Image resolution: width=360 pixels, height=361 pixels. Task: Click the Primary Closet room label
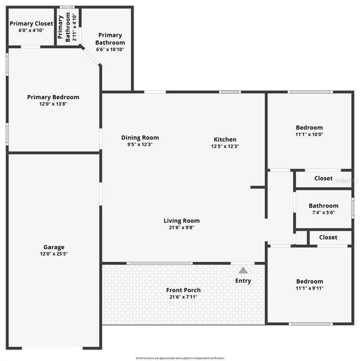tap(31, 23)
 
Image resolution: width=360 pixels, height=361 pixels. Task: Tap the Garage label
tap(54, 247)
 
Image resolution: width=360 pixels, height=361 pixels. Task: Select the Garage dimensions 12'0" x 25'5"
tap(54, 255)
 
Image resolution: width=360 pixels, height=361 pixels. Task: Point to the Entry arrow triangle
tap(243, 271)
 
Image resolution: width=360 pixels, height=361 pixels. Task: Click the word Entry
tap(243, 281)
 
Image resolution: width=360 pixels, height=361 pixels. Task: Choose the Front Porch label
tap(184, 290)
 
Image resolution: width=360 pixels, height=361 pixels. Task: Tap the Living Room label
tap(181, 221)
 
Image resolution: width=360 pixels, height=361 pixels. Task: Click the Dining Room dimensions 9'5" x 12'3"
tap(140, 144)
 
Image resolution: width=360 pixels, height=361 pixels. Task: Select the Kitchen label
tap(225, 140)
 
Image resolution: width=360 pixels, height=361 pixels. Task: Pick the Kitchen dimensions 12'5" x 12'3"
tap(225, 146)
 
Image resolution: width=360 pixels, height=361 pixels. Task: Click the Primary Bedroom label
tap(53, 97)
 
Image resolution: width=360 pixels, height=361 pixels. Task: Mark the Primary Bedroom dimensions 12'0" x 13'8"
tap(53, 104)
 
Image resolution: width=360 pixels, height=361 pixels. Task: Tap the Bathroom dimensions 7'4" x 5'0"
tap(323, 212)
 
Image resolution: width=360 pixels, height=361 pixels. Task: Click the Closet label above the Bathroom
tap(323, 179)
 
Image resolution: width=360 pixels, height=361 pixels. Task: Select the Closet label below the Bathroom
tap(328, 238)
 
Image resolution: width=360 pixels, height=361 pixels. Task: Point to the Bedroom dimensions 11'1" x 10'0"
tap(309, 135)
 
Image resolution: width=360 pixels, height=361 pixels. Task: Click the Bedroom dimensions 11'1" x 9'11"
tap(309, 289)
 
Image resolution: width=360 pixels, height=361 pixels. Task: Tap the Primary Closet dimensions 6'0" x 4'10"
tap(31, 30)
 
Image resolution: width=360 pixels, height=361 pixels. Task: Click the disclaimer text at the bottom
tap(180, 357)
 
